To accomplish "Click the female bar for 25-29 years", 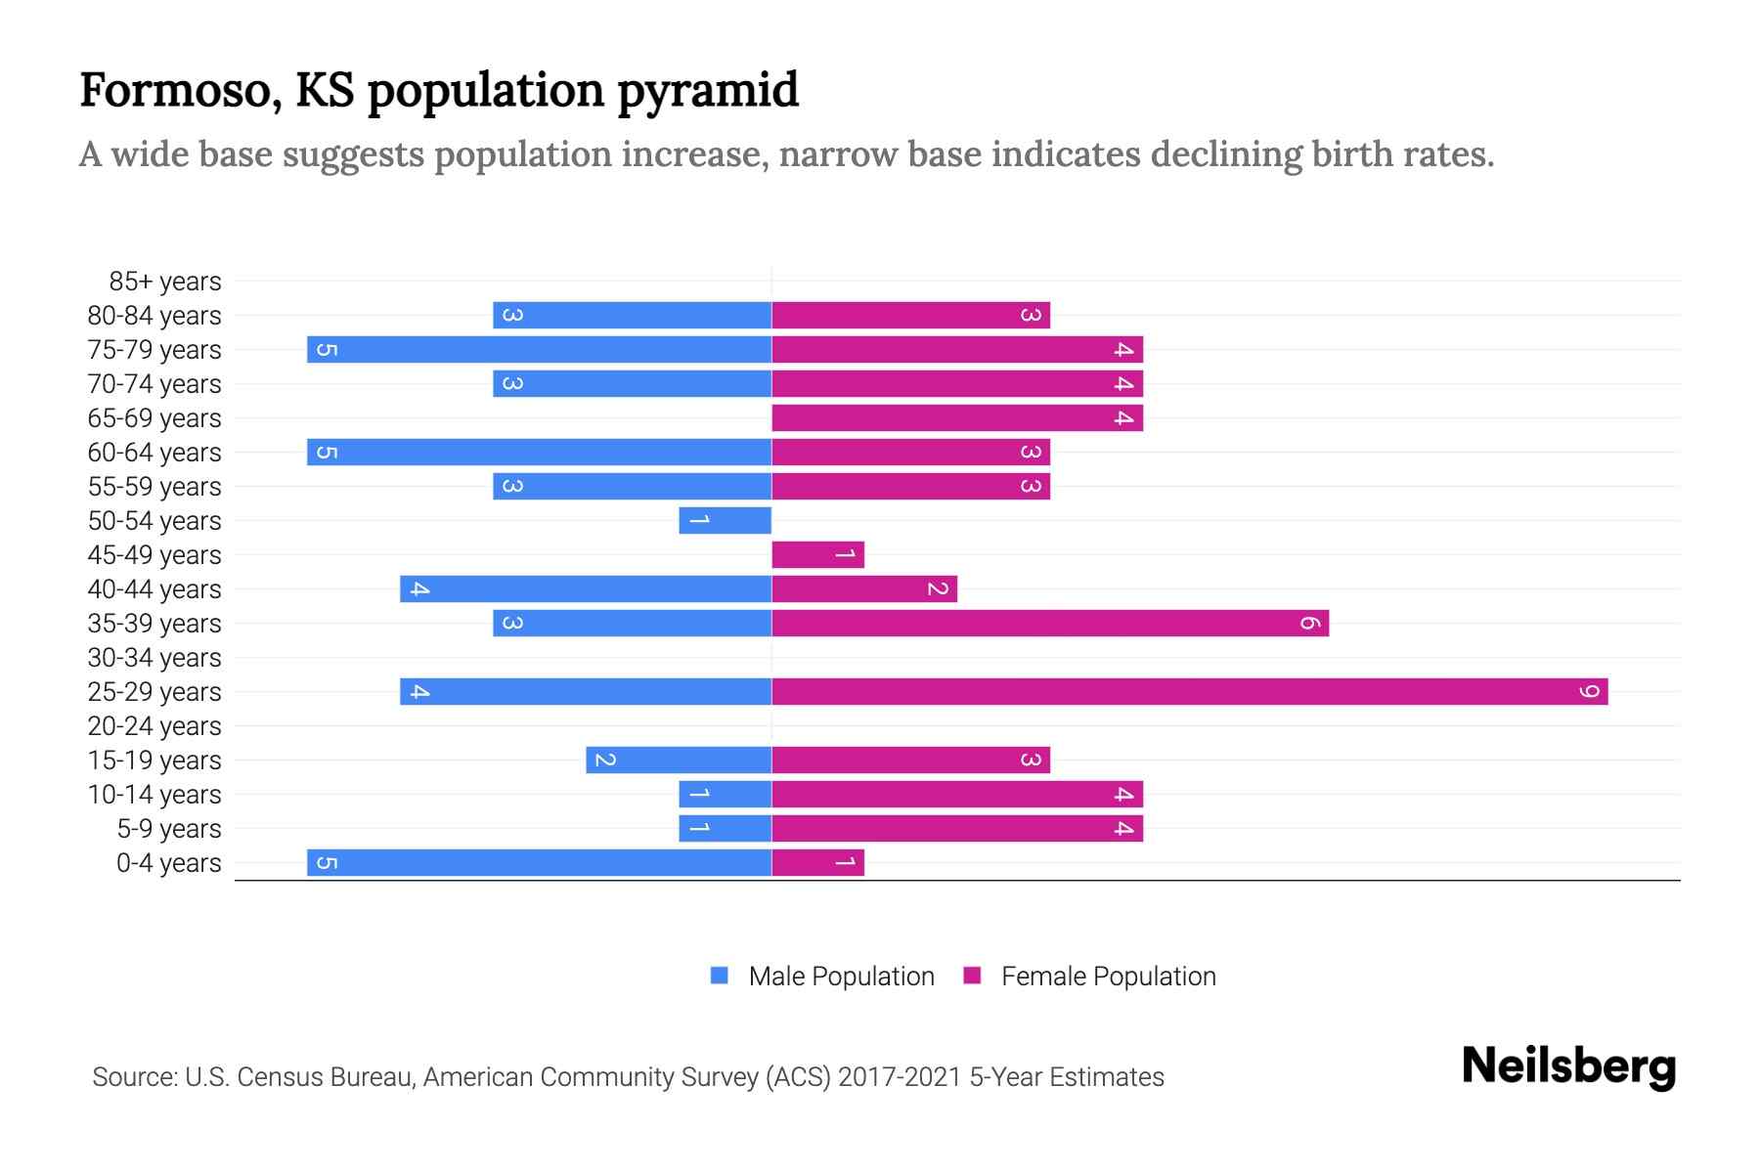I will click(x=1189, y=692).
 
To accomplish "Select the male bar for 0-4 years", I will click(x=539, y=863).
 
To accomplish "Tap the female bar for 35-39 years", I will click(x=1050, y=624).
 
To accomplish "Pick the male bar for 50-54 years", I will click(x=726, y=521).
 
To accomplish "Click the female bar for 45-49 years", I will click(x=817, y=555).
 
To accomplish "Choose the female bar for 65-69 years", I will click(x=957, y=418).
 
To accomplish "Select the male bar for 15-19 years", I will click(x=679, y=760).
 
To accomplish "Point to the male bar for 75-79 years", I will click(x=539, y=350).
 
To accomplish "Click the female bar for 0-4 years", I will click(x=817, y=863).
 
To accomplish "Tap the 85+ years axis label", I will click(x=165, y=282).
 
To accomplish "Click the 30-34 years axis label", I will click(x=154, y=658).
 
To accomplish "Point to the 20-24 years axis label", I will click(x=154, y=726).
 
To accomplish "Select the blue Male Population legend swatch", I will click(x=720, y=976).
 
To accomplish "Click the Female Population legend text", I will click(x=1108, y=977).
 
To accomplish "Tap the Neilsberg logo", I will click(x=1568, y=1066).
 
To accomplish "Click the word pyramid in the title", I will click(x=708, y=90).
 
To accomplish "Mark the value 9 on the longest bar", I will click(x=1590, y=692).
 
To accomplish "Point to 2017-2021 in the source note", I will click(x=899, y=1077).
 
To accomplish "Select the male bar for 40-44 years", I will click(x=586, y=589).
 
